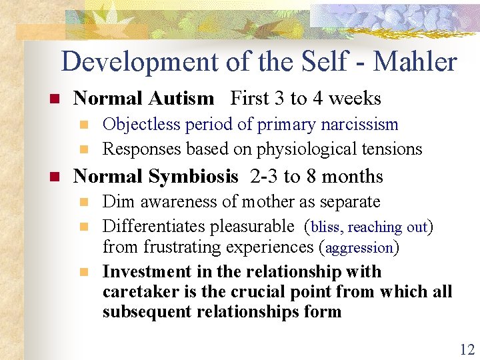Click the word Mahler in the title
[415, 62]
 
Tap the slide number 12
[465, 349]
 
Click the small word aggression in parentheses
[359, 248]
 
